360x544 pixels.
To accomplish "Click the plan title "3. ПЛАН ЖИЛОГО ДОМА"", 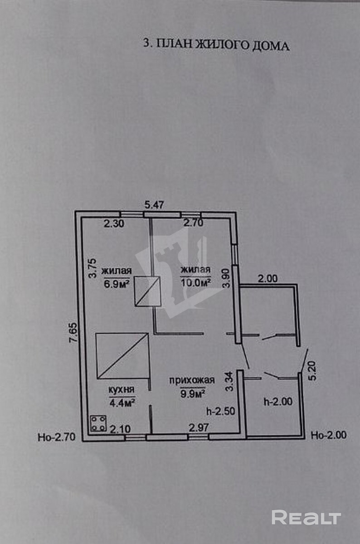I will point(216,45).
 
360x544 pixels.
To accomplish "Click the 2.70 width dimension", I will point(193,223).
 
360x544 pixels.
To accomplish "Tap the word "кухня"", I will point(121,389).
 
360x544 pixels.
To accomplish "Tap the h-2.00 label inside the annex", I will point(278,401).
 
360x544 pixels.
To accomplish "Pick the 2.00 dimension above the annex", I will point(268,279).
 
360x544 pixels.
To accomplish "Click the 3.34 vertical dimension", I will point(230,382).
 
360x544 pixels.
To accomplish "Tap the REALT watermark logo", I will point(306,517).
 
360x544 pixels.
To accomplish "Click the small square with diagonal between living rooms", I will point(148,291).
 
